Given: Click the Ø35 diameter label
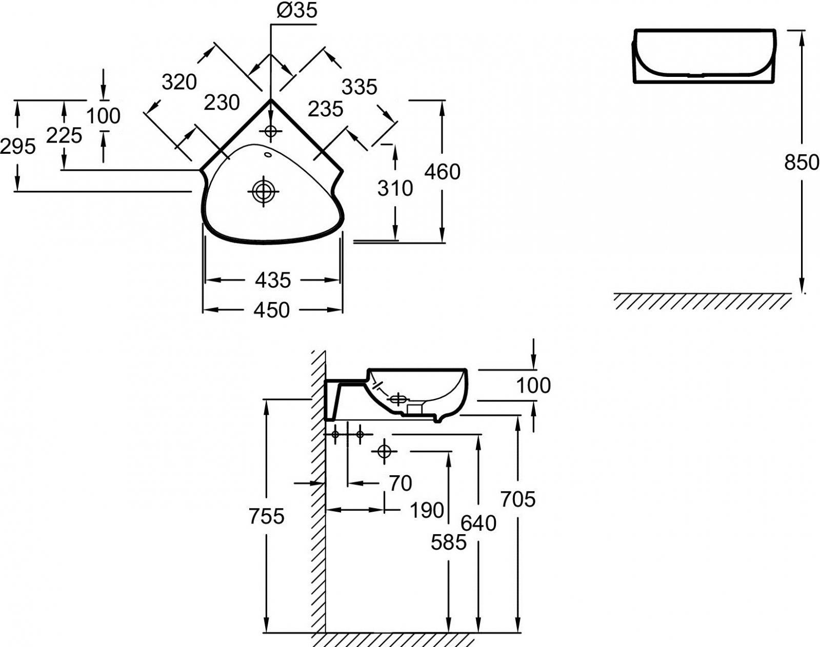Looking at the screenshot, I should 297,10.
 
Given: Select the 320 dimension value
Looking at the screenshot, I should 179,82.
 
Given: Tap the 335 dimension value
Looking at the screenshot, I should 359,87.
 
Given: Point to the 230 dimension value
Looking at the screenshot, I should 222,103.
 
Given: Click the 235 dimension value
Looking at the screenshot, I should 326,109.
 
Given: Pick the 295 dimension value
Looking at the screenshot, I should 18,147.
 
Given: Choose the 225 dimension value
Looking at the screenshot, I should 64,135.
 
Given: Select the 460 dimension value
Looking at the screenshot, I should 442,172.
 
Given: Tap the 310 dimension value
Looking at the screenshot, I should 395,189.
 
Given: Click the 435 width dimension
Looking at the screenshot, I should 272,280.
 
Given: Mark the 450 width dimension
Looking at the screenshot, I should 271,310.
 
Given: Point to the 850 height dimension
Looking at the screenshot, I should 802,163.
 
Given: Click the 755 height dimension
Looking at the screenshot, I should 266,516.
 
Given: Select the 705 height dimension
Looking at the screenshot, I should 518,499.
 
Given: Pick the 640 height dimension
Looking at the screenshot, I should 478,523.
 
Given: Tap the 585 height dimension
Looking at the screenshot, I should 449,542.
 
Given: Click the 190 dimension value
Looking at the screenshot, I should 427,510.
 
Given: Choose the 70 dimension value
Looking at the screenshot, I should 401,483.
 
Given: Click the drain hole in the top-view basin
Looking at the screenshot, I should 263,192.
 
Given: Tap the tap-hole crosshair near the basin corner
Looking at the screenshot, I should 270,132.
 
